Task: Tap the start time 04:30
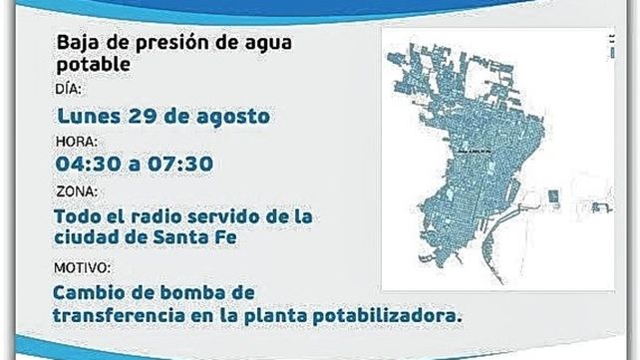tap(88, 164)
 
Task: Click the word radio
tap(170, 214)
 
